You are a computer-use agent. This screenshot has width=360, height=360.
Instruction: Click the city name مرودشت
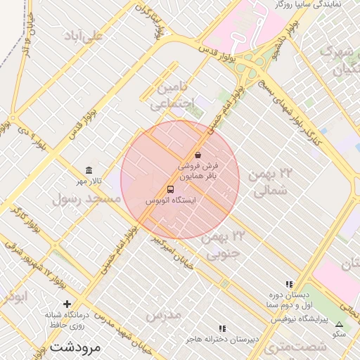pyautogui.click(x=76, y=347)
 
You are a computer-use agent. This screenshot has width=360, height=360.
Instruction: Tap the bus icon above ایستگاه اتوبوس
pyautogui.click(x=170, y=189)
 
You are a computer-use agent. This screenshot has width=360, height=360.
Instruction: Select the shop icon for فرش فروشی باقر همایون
pyautogui.click(x=198, y=155)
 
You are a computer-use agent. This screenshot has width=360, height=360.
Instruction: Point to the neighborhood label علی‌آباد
pyautogui.click(x=83, y=35)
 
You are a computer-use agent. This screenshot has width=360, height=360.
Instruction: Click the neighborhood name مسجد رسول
pyautogui.click(x=86, y=199)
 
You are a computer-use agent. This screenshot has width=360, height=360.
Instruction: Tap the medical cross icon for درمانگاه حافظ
pyautogui.click(x=67, y=304)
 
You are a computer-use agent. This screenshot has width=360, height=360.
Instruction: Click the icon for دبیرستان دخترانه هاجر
pyautogui.click(x=222, y=328)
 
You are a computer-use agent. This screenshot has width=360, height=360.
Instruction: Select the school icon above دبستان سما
pyautogui.click(x=288, y=284)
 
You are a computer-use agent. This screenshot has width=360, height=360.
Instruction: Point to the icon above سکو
pyautogui.click(x=340, y=324)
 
